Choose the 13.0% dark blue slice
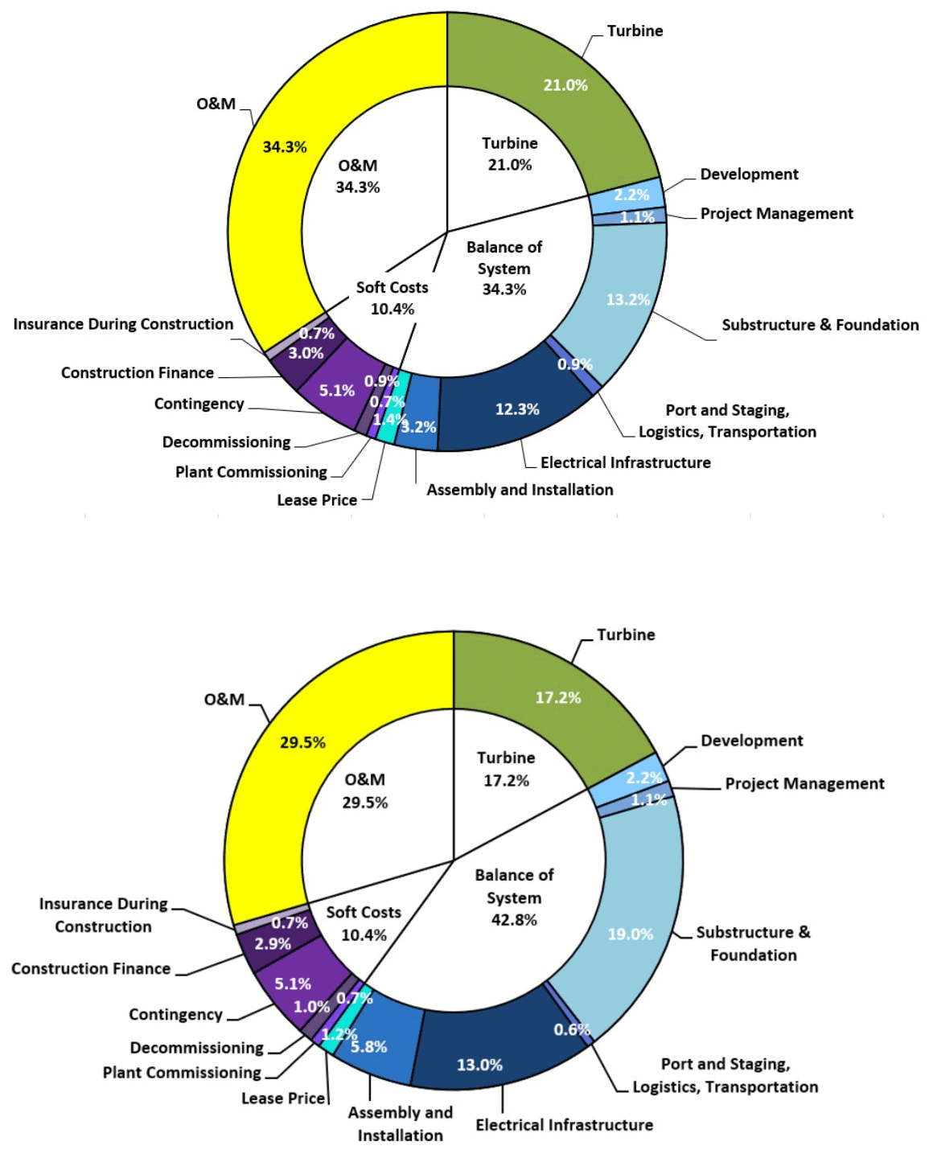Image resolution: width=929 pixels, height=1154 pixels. (x=483, y=1053)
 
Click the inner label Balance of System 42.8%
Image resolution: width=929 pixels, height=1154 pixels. (x=514, y=897)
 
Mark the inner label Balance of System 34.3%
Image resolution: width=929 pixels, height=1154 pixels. (x=504, y=268)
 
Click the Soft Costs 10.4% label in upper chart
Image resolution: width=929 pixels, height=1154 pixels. (x=392, y=298)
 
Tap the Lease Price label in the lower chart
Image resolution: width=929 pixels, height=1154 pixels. (x=283, y=1098)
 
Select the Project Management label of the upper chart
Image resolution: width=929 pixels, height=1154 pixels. (x=776, y=213)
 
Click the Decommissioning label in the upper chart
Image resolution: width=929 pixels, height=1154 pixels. (x=226, y=441)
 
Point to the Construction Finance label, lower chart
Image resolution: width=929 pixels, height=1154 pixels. (x=91, y=968)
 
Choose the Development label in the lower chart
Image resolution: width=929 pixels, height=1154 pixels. (x=751, y=741)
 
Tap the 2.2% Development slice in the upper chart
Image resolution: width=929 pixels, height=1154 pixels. (x=631, y=195)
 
